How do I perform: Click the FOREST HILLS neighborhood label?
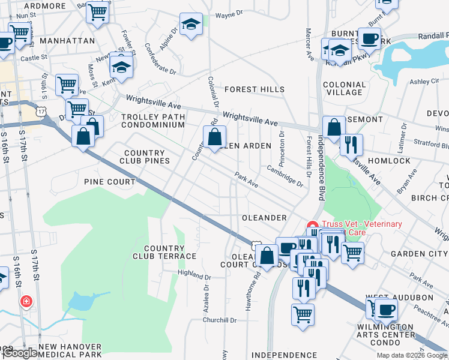pyautogui.click(x=255, y=89)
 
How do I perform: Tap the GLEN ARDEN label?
pyautogui.click(x=246, y=146)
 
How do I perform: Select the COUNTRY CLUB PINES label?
pyautogui.click(x=144, y=157)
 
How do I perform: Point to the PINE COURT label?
pyautogui.click(x=110, y=181)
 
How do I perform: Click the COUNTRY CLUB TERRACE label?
pyautogui.click(x=170, y=252)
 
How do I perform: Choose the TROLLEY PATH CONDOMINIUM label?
pyautogui.click(x=152, y=121)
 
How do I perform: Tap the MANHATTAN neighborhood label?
pyautogui.click(x=67, y=41)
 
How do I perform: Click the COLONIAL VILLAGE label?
pyautogui.click(x=344, y=88)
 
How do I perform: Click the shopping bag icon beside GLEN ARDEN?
pyautogui.click(x=214, y=137)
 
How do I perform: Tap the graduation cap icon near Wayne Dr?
pyautogui.click(x=191, y=25)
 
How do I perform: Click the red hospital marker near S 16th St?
pyautogui.click(x=26, y=301)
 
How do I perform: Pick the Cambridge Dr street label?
pyautogui.click(x=285, y=176)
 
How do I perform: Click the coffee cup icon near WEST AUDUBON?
pyautogui.click(x=387, y=309)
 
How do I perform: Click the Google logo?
pyautogui.click(x=20, y=353)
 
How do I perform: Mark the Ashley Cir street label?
pyautogui.click(x=424, y=81)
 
